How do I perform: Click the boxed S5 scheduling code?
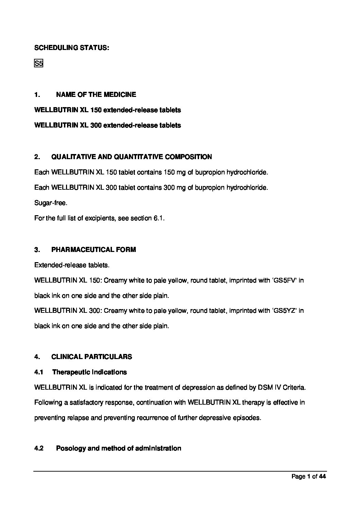pos(38,63)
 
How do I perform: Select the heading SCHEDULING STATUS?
pos(71,48)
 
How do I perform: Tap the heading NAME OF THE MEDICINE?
pos(96,95)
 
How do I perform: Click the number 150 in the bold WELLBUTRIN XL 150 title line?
pos(96,110)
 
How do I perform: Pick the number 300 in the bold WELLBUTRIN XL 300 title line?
pos(96,125)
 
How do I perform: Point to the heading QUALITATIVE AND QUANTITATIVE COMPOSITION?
pos(131,157)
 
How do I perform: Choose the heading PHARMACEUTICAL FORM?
pos(94,250)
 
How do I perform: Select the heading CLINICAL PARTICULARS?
pos(92,357)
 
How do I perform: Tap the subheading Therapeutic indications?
pos(89,372)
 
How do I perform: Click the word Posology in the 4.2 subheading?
pos(71,448)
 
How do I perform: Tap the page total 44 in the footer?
pos(322,476)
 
